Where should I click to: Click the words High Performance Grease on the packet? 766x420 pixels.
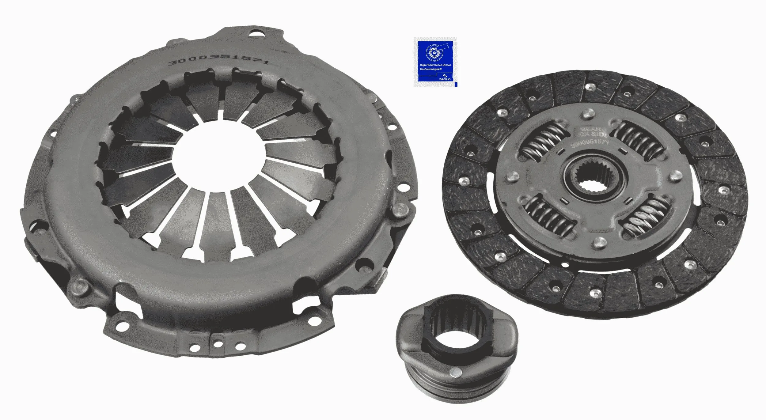pyautogui.click(x=435, y=65)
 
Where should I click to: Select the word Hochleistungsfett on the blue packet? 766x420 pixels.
pyautogui.click(x=430, y=69)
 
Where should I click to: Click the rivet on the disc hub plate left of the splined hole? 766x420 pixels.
pyautogui.click(x=510, y=176)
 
